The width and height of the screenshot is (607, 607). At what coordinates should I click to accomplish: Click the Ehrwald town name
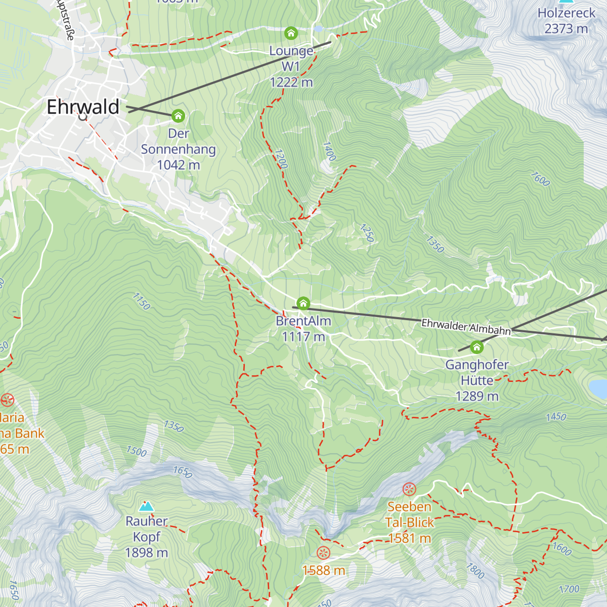83,107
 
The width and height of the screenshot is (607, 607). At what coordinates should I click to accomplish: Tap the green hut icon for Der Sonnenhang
178,116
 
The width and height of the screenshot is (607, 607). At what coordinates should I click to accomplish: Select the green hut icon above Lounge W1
291,33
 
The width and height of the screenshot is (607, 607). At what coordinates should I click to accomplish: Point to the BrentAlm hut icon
303,303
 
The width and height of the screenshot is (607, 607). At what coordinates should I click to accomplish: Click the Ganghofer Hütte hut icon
476,347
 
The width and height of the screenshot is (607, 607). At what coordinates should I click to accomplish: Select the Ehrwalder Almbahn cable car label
466,327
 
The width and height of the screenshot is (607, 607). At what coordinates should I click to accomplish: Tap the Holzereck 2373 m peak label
566,21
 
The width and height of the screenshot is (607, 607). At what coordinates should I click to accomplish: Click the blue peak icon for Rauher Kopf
146,506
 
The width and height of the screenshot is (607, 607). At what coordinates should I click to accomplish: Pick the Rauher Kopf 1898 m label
146,537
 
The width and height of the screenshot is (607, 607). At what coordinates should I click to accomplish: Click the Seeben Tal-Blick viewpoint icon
409,489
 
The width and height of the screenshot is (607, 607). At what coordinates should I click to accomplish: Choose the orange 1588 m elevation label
324,571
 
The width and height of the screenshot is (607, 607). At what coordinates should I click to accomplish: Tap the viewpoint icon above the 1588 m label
323,553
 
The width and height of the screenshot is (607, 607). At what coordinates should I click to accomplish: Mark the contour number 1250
367,233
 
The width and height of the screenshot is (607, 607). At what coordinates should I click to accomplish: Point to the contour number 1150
142,301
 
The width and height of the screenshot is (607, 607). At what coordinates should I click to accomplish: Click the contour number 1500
137,451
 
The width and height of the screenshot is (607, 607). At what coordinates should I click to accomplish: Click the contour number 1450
556,417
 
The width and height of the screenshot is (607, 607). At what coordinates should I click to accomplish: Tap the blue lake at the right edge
598,388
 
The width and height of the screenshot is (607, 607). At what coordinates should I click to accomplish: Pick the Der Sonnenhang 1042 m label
178,149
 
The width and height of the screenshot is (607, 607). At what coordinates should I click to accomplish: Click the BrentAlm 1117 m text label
303,329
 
